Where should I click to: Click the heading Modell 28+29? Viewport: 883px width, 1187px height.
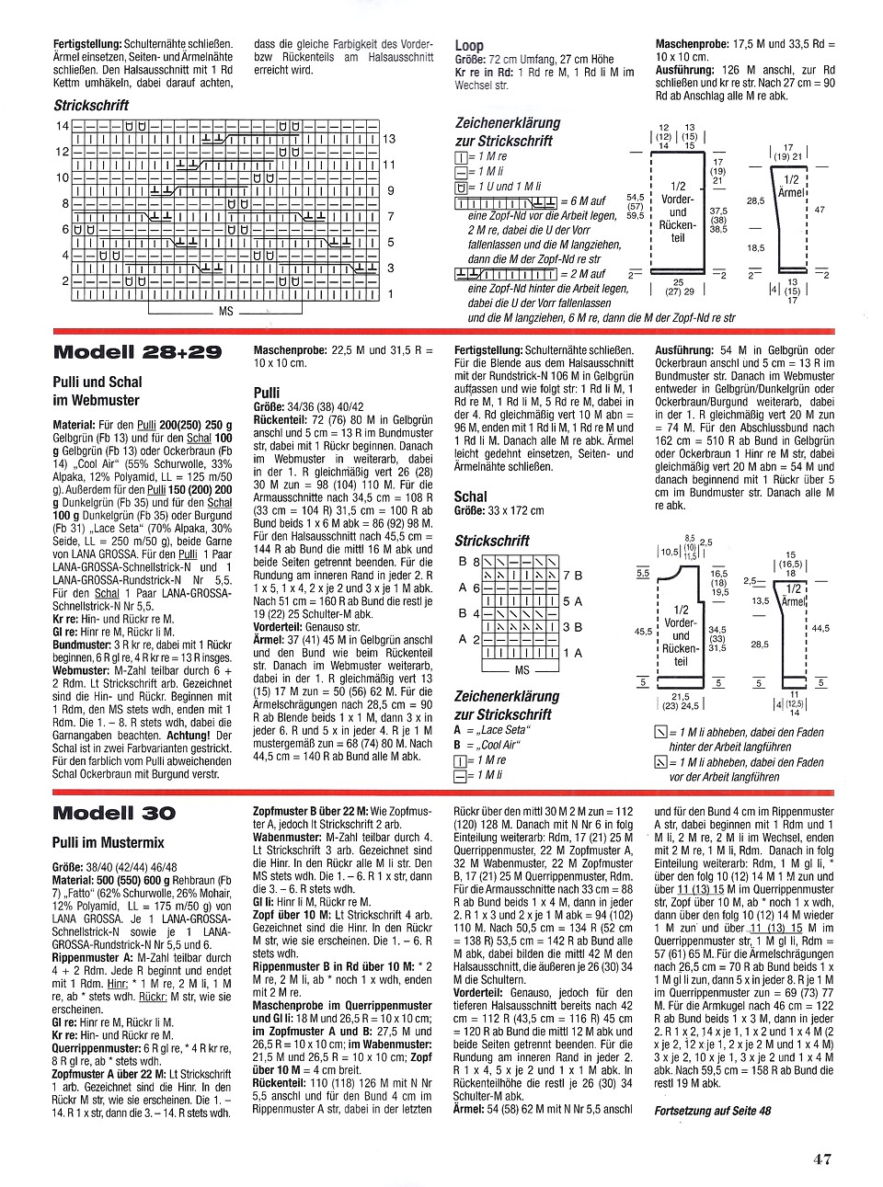138,352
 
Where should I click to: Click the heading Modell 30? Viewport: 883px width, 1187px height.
114,813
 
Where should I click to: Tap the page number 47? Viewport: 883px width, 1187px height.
821,1158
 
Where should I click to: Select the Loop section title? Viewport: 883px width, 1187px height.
469,45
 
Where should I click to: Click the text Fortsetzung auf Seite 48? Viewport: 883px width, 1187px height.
712,1111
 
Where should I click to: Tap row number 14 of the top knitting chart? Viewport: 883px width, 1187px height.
62,125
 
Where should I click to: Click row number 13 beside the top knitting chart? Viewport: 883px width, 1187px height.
388,139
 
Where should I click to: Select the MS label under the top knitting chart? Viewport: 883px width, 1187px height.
225,312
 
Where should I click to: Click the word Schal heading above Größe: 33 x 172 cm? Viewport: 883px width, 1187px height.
471,496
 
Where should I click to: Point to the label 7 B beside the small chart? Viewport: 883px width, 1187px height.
572,576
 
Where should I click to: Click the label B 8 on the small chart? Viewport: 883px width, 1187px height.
468,562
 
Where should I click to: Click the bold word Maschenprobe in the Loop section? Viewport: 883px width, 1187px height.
693,43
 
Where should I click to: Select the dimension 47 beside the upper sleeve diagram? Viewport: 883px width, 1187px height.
820,210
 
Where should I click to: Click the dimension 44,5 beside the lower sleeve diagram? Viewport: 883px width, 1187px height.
820,629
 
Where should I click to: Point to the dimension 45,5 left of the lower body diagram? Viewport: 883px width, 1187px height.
644,632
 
